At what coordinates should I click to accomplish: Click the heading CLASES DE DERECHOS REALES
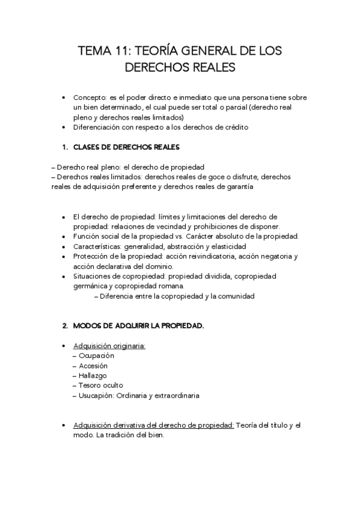126,147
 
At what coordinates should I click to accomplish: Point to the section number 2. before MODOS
65,325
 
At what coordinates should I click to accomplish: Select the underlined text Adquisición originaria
109,346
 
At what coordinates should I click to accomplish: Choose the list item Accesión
93,366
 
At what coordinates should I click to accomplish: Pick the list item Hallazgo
93,375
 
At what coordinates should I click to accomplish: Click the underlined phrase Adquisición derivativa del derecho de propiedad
153,425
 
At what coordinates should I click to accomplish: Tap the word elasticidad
228,247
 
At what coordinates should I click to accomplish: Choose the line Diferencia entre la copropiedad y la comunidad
177,296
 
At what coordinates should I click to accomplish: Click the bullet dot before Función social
65,236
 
